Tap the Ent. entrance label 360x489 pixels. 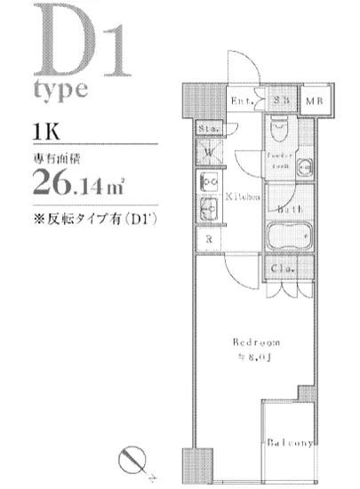(243, 101)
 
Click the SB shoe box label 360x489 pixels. (281, 100)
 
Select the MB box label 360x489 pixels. (316, 101)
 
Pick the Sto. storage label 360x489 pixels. (208, 129)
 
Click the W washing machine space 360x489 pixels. (209, 152)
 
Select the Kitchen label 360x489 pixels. (242, 196)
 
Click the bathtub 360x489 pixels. (288, 238)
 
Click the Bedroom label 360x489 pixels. (256, 341)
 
